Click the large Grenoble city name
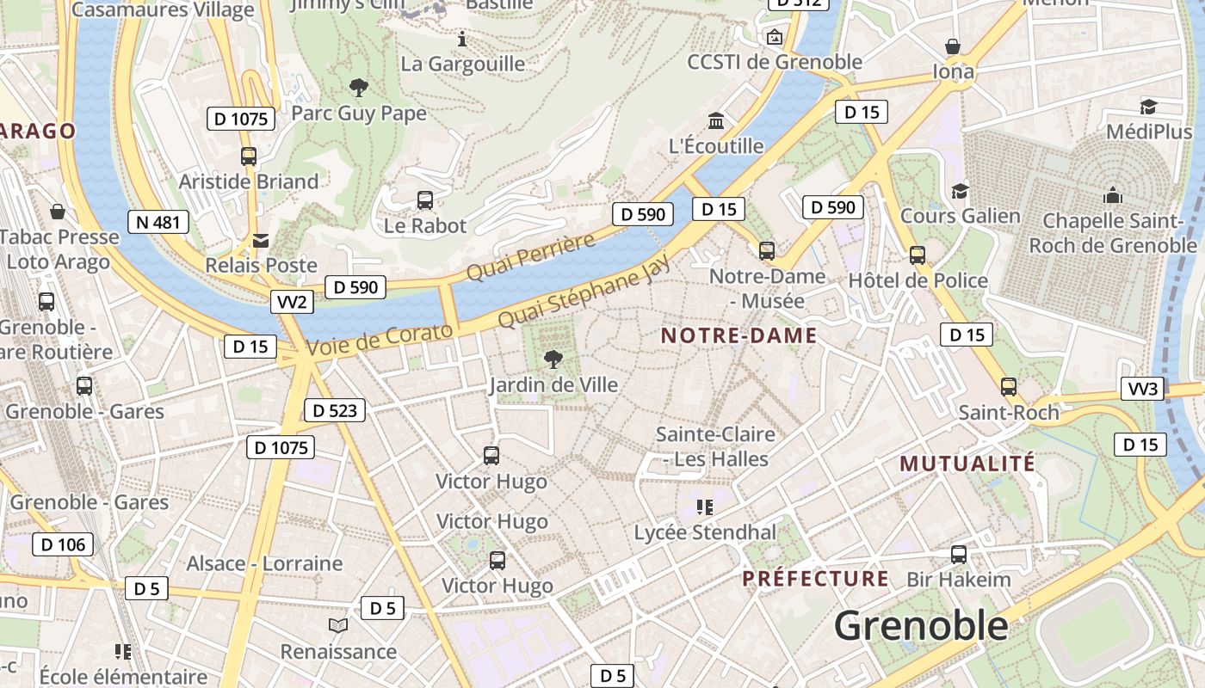point(921,625)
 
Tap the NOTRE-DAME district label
point(738,335)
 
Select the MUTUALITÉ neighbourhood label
point(967,464)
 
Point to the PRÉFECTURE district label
point(815,579)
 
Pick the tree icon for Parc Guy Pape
point(358,88)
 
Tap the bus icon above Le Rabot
point(424,200)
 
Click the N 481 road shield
point(158,223)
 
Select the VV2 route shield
point(293,302)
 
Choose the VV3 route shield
point(1143,389)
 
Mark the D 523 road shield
point(335,410)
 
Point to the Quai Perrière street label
point(530,256)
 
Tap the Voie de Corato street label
point(380,340)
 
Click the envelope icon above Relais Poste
point(260,241)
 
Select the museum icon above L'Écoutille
point(715,120)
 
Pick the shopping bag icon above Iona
point(953,46)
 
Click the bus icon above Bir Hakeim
point(958,555)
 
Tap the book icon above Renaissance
point(338,626)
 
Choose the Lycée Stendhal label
point(705,532)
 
